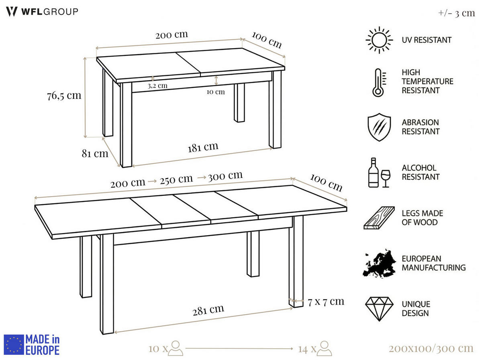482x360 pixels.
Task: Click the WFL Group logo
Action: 42,12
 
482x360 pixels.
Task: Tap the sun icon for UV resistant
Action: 379,40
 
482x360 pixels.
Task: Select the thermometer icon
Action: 378,82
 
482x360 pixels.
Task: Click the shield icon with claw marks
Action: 379,127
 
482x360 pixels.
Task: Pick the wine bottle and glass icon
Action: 379,173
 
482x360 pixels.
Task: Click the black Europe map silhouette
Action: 379,263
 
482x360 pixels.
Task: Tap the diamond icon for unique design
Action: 379,309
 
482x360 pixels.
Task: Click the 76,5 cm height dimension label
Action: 64,96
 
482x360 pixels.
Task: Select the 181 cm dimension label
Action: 203,147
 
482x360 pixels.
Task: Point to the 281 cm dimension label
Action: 208,309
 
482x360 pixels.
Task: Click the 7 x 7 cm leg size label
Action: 326,301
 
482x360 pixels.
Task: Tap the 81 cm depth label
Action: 95,153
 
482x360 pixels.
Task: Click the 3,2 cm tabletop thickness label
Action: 157,85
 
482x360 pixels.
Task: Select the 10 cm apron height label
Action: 216,92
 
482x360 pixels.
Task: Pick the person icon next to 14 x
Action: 324,348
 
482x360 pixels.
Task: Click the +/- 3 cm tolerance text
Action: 456,13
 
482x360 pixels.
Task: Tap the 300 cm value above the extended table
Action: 225,176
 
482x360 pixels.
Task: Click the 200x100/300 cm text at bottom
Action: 431,348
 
